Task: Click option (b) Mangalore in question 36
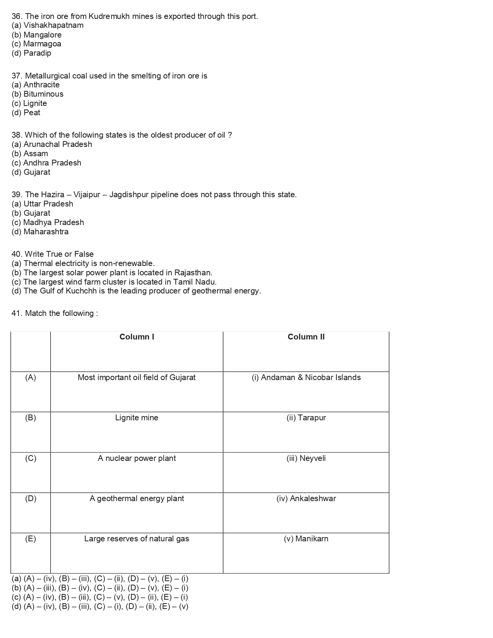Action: point(37,35)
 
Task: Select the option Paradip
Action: point(31,53)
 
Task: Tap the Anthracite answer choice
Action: point(36,85)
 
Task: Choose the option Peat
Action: point(26,113)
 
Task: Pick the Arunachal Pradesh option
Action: point(52,145)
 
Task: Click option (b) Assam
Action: point(30,154)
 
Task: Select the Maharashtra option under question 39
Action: point(40,232)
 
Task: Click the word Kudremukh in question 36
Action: point(109,16)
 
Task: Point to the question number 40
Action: point(17,254)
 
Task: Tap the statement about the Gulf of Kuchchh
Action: point(136,291)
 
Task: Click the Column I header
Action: point(137,337)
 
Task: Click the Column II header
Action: point(306,337)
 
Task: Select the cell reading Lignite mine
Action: point(137,418)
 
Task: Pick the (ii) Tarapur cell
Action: point(306,418)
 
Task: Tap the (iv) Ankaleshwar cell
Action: point(306,499)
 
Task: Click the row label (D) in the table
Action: point(31,499)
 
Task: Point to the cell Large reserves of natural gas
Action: point(137,539)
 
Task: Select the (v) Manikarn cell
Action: point(306,539)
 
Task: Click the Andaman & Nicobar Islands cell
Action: point(306,378)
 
